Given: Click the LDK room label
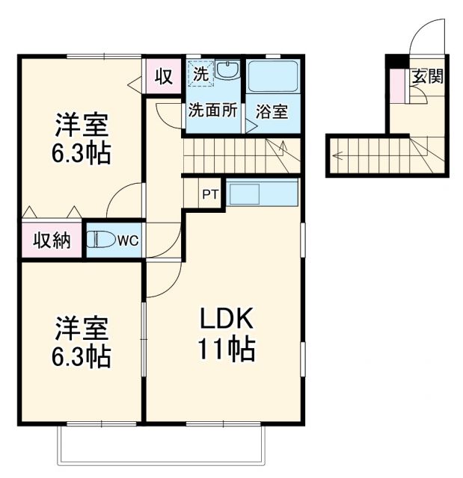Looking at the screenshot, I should tap(227, 320).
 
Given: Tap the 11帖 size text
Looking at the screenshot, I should tap(227, 348).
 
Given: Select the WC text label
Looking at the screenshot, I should tap(127, 240).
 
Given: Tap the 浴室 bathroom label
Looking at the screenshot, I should tap(272, 112).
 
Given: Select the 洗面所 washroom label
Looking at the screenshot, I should tap(212, 111).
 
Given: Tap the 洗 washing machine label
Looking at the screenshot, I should tap(200, 74).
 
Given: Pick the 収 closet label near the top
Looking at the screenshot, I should tap(165, 75).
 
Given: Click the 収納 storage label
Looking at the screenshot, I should tap(51, 240).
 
